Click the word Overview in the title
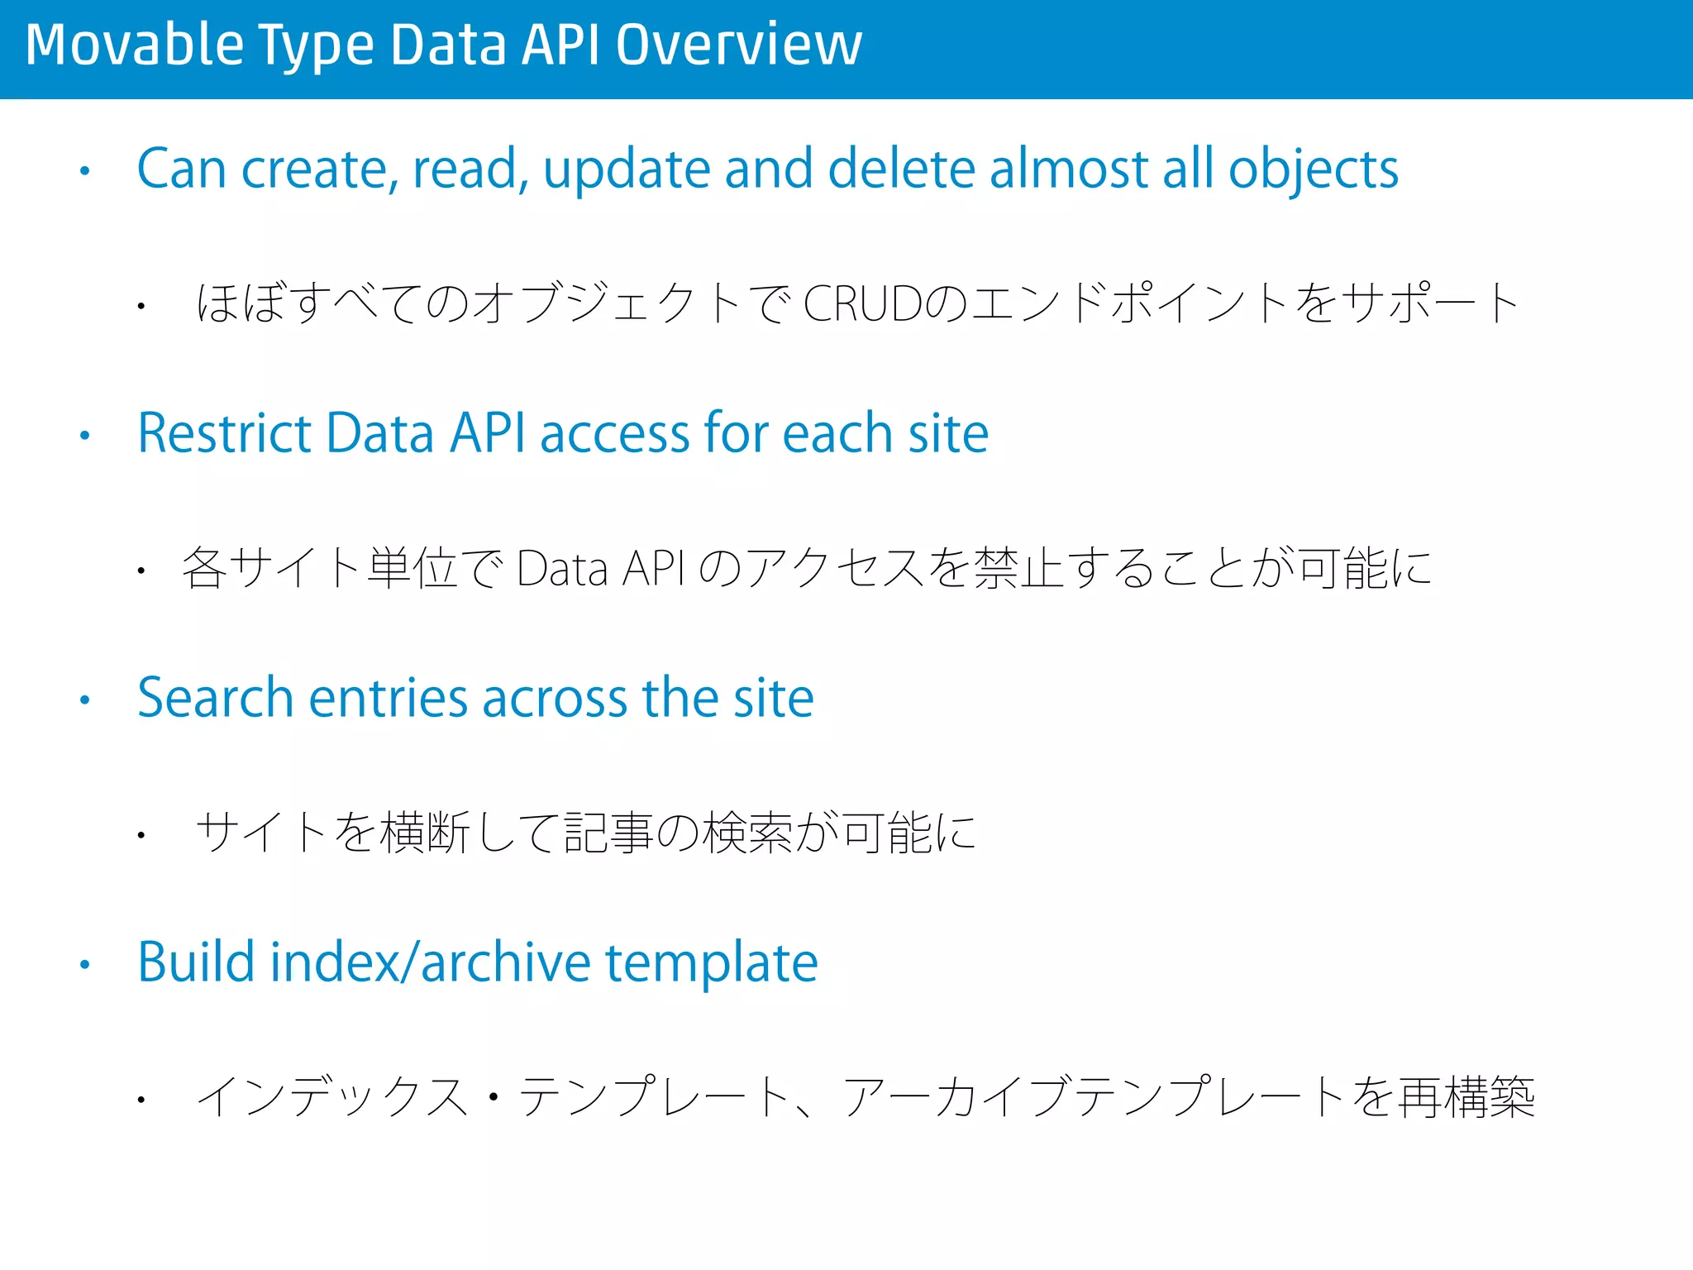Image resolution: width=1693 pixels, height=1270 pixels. [738, 45]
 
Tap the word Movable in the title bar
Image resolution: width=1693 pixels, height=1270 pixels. [135, 45]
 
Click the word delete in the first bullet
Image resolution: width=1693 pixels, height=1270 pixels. [900, 169]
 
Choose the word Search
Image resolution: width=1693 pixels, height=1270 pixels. [216, 698]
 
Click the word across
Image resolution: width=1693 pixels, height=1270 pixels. [555, 699]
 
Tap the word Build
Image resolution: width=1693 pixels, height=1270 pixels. [195, 962]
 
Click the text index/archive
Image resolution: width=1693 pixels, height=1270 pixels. [430, 962]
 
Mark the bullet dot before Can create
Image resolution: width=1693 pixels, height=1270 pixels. [84, 172]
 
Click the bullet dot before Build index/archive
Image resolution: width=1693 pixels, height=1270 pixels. [84, 964]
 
